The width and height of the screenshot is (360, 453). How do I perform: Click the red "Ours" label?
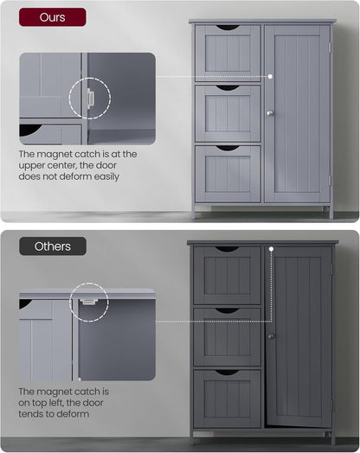click(x=53, y=17)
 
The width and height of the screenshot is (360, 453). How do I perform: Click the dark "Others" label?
click(x=53, y=246)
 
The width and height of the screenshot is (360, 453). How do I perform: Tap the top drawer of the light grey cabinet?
click(x=228, y=53)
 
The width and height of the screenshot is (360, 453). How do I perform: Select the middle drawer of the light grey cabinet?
click(x=228, y=113)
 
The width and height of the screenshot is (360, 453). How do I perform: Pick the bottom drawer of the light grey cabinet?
click(x=228, y=175)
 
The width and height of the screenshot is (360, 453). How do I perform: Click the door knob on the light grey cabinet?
click(x=269, y=113)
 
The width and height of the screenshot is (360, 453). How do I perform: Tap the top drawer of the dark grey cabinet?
click(x=227, y=275)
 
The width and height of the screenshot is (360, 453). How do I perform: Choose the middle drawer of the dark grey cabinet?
click(x=227, y=336)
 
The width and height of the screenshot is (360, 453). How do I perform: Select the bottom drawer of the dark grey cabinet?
click(x=227, y=398)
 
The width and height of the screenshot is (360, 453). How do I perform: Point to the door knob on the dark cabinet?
click(x=271, y=336)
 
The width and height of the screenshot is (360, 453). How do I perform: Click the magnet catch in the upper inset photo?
click(x=88, y=99)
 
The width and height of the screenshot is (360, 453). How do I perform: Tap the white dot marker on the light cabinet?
click(x=272, y=77)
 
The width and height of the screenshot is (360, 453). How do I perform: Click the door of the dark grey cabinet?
click(x=299, y=337)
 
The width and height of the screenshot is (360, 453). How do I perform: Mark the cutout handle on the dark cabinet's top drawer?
click(x=227, y=250)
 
